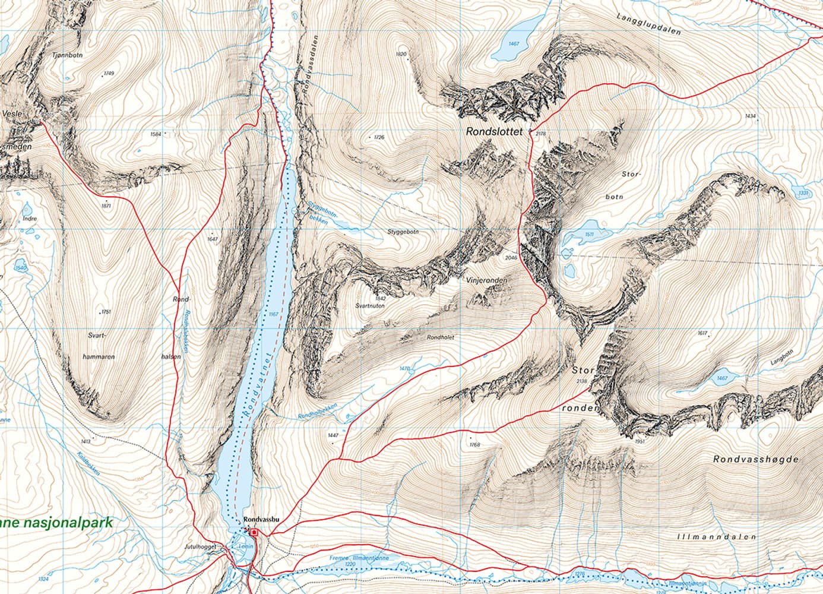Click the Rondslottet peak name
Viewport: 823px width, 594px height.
495,132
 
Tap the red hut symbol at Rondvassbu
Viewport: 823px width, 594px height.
254,532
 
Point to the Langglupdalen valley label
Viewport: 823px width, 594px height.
648,24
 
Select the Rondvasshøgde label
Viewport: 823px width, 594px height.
756,459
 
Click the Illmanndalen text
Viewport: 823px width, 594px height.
716,536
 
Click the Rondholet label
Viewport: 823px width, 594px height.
441,337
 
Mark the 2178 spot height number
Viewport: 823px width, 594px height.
540,134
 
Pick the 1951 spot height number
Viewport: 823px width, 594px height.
639,441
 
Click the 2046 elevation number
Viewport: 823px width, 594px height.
510,258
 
